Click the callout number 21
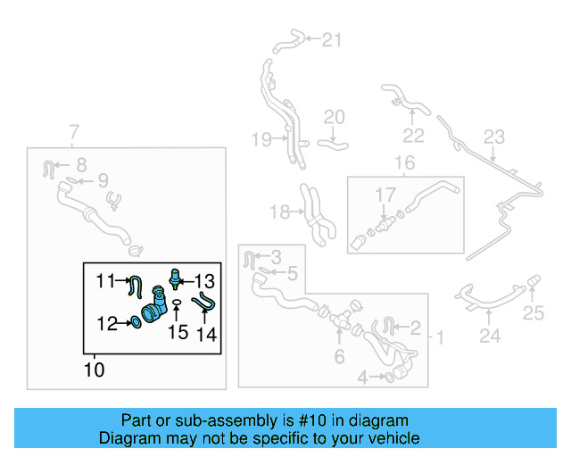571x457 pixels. (x=332, y=39)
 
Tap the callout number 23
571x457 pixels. (x=494, y=137)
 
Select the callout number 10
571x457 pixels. (x=95, y=369)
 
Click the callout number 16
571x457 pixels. (x=405, y=163)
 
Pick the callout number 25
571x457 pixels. (x=533, y=312)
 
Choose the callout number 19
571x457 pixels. (x=261, y=138)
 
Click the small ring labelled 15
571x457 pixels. (x=177, y=303)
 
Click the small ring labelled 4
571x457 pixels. (x=390, y=378)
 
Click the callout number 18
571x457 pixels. (x=280, y=212)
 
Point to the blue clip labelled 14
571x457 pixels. (x=204, y=303)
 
